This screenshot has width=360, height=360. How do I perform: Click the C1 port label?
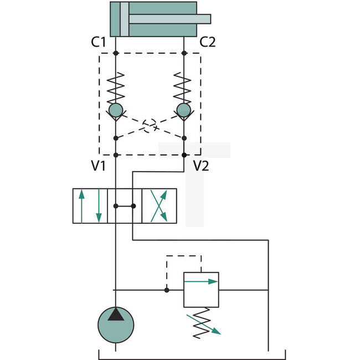tap(99, 42)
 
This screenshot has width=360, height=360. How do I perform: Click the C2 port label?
tap(207, 42)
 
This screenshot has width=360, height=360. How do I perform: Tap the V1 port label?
tap(99, 165)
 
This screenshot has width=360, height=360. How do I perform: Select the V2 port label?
tap(200, 165)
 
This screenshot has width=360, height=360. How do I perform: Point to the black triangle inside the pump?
tap(116, 315)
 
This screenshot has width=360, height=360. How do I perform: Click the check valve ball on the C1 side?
tap(116, 110)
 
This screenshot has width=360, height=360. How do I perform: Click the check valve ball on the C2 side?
tap(183, 110)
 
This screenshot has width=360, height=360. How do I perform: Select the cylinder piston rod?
tap(169, 19)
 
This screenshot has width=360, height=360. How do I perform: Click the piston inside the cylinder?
tap(125, 19)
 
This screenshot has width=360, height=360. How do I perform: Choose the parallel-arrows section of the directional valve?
tap(90, 206)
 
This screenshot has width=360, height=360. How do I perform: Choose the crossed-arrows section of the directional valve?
tap(159, 206)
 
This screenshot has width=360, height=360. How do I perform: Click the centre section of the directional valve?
tap(125, 206)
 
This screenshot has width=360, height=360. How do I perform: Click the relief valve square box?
tap(201, 289)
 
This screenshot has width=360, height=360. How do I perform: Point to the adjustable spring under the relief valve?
tap(202, 322)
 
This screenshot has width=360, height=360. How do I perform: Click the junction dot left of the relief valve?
tap(166, 289)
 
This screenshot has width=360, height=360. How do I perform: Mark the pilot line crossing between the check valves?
tap(150, 126)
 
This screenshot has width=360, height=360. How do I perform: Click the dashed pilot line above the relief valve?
tap(183, 256)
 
